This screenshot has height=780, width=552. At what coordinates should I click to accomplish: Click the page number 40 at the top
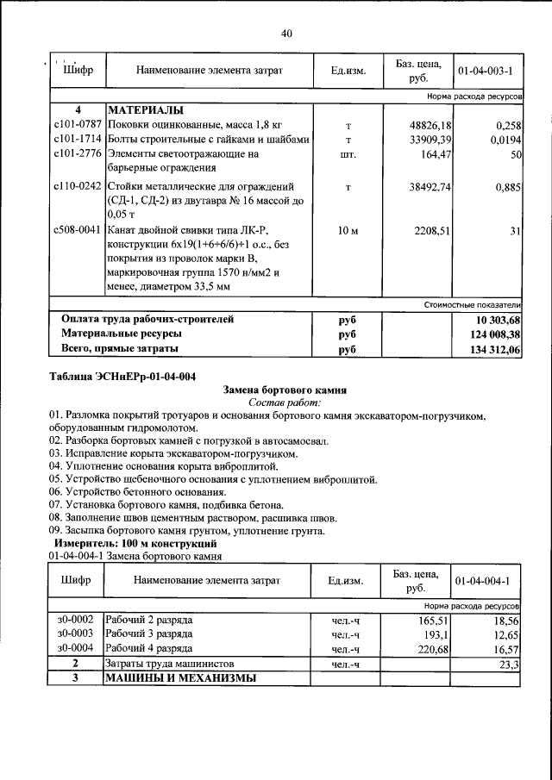coord(287,34)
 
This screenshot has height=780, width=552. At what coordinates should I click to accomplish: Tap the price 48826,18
coord(432,126)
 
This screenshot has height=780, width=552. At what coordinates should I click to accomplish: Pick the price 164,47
coord(436,153)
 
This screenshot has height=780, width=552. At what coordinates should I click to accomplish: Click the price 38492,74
coord(432,186)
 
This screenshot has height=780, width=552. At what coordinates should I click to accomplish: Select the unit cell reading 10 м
coord(348,231)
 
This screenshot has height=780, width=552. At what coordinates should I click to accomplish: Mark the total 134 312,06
coord(487,349)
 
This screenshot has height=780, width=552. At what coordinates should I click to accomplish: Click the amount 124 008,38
coord(487,334)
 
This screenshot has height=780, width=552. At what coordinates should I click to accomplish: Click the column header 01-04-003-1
coord(486,70)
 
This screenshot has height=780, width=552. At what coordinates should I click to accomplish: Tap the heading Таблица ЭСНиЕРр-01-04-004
coord(123,376)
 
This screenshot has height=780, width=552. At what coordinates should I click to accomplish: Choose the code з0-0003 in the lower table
coord(75,633)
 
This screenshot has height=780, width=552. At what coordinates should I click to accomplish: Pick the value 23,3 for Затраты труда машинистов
coord(509,664)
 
